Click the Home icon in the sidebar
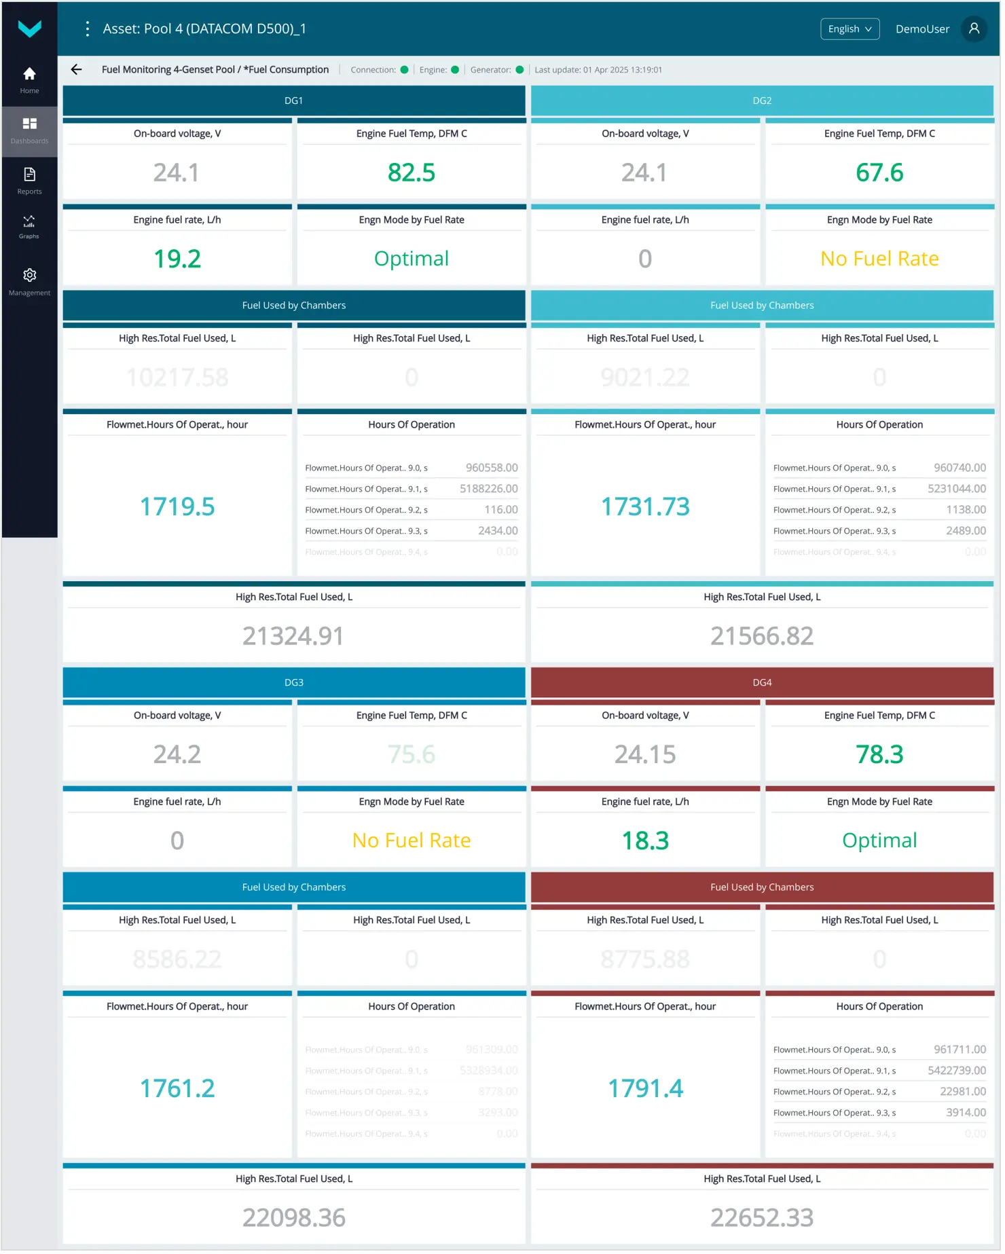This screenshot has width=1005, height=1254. pyautogui.click(x=29, y=74)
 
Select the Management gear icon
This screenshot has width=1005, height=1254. pyautogui.click(x=29, y=276)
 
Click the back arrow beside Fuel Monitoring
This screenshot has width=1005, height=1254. pyautogui.click(x=77, y=70)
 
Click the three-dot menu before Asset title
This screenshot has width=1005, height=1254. pyautogui.click(x=88, y=29)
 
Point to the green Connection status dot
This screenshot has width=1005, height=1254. pyautogui.click(x=405, y=70)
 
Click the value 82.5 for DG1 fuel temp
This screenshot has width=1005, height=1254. pyautogui.click(x=412, y=173)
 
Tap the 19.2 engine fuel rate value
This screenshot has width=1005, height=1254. pyautogui.click(x=177, y=259)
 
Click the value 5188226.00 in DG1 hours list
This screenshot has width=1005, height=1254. pyautogui.click(x=490, y=490)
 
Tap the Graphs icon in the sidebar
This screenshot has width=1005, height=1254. pyautogui.click(x=29, y=225)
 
